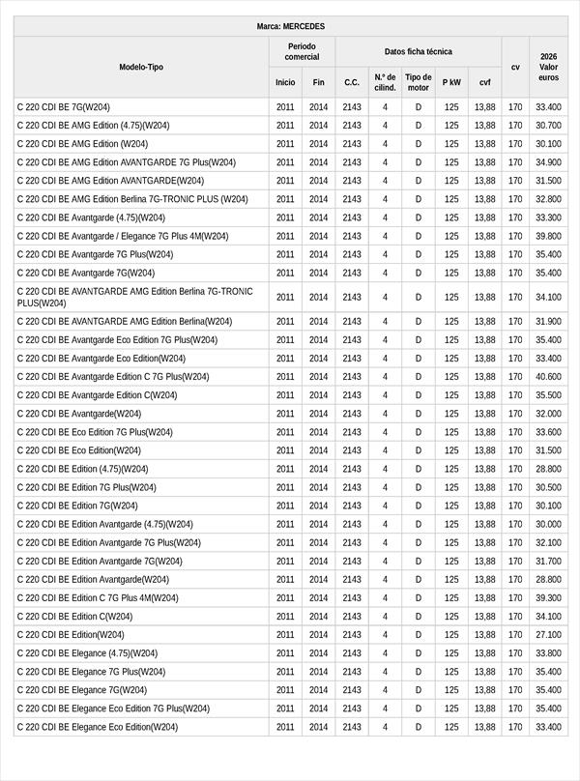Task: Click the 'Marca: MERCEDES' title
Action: (291, 26)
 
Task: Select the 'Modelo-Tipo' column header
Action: (141, 68)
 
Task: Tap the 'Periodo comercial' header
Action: (302, 52)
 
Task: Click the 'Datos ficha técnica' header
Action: (418, 52)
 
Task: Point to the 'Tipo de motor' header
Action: (419, 82)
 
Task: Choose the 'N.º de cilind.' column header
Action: (385, 82)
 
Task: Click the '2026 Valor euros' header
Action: (548, 68)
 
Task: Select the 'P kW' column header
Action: (451, 83)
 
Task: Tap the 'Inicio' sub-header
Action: (285, 83)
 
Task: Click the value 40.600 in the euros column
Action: (548, 377)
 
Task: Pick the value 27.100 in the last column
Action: (548, 635)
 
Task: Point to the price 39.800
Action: (548, 236)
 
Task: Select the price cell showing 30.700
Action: (548, 126)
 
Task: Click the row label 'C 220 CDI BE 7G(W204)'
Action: (64, 107)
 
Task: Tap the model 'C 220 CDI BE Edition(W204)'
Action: (71, 635)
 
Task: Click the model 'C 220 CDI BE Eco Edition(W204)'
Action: (79, 450)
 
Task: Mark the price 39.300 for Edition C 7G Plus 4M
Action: (548, 598)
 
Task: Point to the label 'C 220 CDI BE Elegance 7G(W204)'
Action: (82, 690)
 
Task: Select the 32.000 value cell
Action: (548, 414)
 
